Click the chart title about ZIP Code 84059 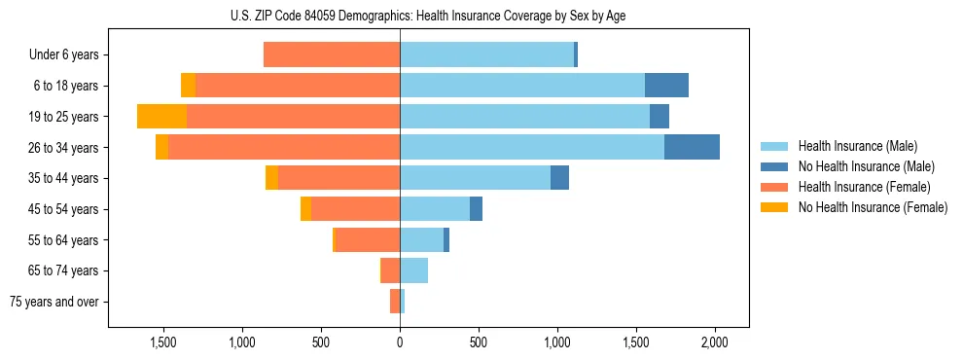pos(429,17)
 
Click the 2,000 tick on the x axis pos(715,343)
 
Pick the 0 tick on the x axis pos(400,343)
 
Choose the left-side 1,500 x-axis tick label pos(162,343)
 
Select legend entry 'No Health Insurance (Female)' pos(873,207)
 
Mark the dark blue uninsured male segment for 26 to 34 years pos(692,147)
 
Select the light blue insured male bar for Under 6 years pos(486,55)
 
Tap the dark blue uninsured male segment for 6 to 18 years pos(666,86)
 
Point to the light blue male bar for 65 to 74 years pos(413,270)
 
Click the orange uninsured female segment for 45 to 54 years pos(305,209)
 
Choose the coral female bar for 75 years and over pos(395,302)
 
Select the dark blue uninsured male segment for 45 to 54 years pos(476,209)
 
